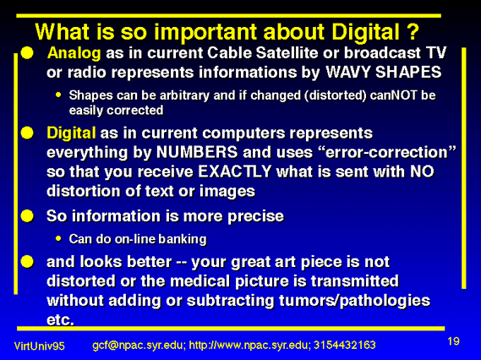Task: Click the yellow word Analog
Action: coord(74,54)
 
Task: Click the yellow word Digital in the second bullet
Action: coord(71,134)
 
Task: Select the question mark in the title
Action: coord(413,31)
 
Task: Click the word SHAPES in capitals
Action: coord(408,73)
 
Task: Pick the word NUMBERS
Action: coord(197,152)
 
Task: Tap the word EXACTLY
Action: coord(235,172)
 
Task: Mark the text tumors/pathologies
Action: coord(354,301)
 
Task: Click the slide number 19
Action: coord(453,341)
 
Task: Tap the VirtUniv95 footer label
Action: coord(40,346)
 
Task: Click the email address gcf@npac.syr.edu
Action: coord(139,346)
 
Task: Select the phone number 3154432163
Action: coord(345,345)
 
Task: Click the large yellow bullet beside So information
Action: coord(27,215)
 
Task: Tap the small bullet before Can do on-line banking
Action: coord(58,238)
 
